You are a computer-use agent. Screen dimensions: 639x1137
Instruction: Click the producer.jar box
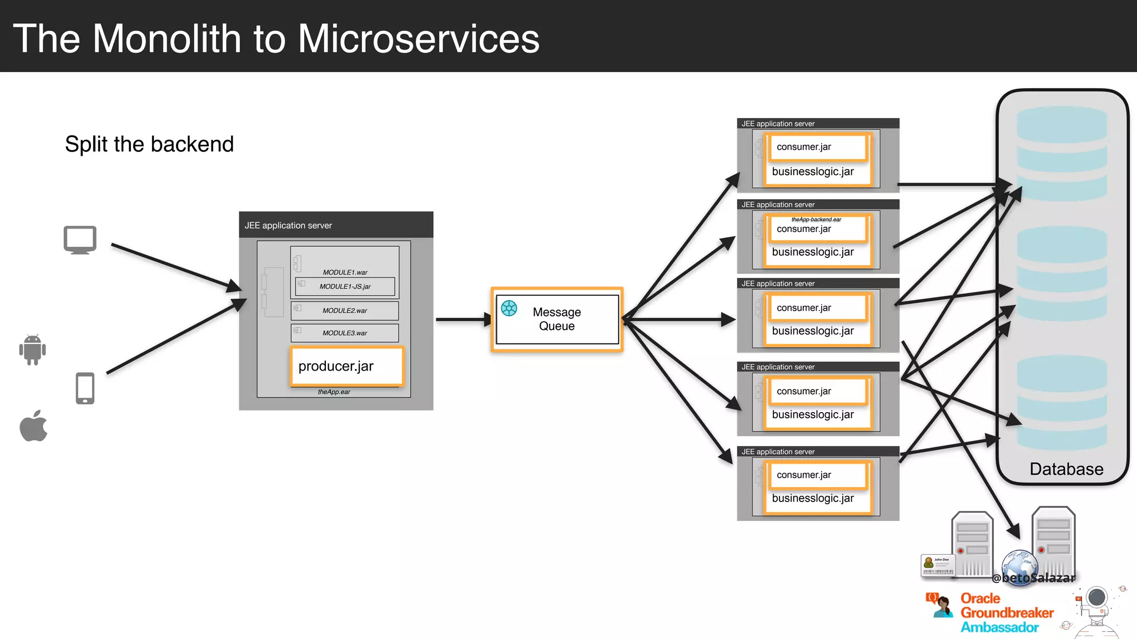pos(347,366)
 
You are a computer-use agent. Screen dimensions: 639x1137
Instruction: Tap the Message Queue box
pos(557,319)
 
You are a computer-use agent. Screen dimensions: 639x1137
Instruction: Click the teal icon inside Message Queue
pos(509,308)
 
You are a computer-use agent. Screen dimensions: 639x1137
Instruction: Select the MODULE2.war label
pos(345,311)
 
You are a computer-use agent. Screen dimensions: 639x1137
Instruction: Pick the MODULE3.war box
pos(345,333)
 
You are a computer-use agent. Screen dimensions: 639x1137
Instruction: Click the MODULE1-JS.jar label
pos(345,286)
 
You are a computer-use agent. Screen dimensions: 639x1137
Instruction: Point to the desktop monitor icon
pos(80,240)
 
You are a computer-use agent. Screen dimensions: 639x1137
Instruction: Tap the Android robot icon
pos(32,349)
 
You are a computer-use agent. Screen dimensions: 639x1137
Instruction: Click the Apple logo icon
pos(33,426)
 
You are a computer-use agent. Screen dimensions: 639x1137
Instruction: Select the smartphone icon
pos(85,388)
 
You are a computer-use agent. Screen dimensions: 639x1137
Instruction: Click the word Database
pos(1066,469)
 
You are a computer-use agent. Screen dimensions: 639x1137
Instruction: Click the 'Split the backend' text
pos(149,144)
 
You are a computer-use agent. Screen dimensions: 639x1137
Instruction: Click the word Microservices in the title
pos(419,39)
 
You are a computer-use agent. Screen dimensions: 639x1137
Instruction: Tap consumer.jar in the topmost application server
pos(804,147)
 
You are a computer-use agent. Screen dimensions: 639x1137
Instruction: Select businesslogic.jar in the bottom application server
pos(813,498)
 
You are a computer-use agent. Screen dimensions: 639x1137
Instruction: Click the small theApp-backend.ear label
pos(816,219)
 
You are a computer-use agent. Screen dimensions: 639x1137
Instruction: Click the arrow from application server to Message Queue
pos(462,319)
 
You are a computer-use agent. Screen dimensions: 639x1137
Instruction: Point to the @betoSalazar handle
pos(1034,578)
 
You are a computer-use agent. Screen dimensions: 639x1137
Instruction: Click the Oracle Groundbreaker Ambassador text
pos(1006,613)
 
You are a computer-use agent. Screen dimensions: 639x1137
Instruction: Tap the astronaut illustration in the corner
pos(1096,610)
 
